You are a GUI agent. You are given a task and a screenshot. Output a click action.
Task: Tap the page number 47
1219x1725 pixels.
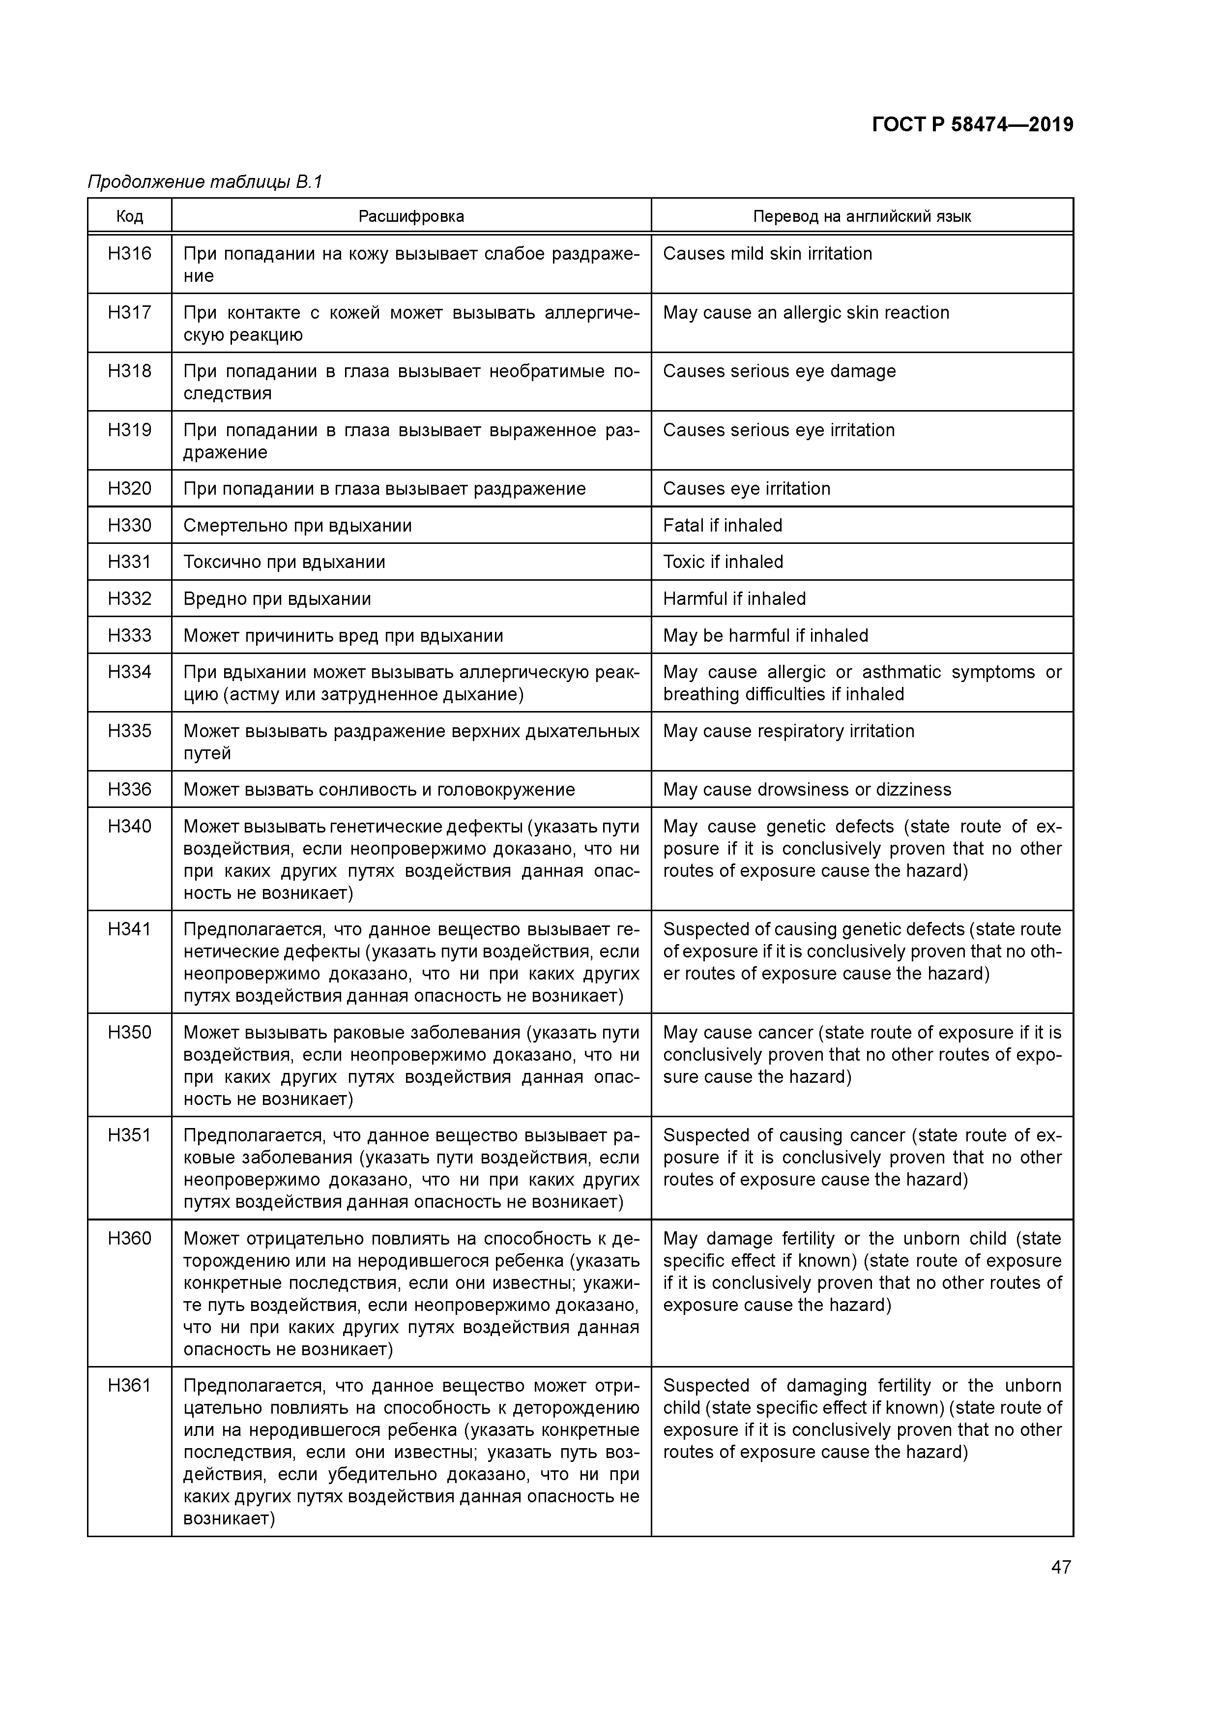click(1061, 1567)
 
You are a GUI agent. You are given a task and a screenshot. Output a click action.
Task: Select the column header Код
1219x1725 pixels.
click(129, 216)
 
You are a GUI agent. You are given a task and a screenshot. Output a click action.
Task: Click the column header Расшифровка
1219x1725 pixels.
click(411, 216)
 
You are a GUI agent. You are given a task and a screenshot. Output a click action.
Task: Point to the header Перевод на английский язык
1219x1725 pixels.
click(862, 216)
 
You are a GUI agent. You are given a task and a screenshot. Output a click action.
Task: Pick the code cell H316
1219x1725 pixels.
click(129, 254)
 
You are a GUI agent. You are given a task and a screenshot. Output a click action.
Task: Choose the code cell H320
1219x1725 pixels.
click(129, 489)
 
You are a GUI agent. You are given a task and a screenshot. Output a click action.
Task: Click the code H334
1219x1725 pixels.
click(129, 672)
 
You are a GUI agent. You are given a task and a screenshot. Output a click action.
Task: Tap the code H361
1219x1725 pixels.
click(129, 1385)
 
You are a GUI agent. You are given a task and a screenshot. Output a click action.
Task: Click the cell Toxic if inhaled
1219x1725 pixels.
click(723, 562)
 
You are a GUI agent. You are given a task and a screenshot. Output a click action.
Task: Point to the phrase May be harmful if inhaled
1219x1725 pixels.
click(765, 636)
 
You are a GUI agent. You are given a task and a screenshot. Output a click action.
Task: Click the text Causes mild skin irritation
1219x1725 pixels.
click(767, 254)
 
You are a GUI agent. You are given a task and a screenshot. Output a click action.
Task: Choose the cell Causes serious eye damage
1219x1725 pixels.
click(779, 371)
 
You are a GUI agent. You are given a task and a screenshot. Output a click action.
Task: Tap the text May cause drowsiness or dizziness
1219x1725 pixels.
click(807, 790)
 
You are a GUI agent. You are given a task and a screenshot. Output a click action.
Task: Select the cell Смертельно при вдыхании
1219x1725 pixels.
click(297, 526)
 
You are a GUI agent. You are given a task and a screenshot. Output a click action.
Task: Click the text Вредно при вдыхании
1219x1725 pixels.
click(277, 599)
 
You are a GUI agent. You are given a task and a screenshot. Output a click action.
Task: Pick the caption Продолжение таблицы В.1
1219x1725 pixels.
click(204, 182)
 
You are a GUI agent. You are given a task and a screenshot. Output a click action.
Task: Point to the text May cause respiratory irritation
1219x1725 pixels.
click(788, 731)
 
